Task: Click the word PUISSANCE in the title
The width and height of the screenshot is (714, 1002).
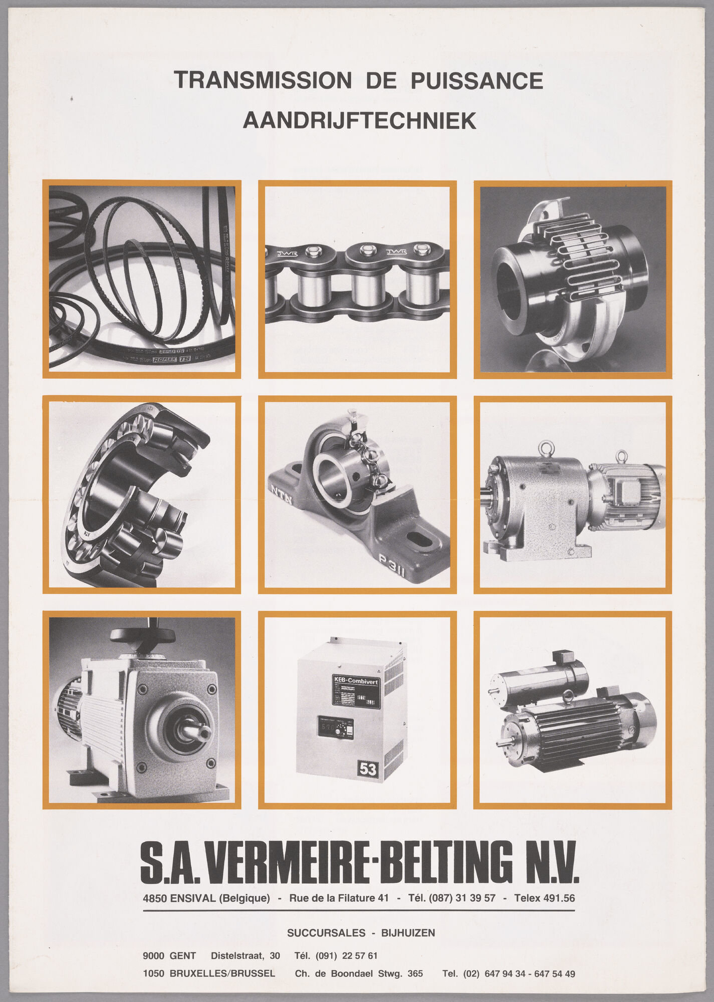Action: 477,81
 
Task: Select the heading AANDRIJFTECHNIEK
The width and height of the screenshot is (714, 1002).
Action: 359,121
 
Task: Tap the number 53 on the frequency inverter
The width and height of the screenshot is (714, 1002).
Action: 367,769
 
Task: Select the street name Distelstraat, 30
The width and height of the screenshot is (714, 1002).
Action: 245,956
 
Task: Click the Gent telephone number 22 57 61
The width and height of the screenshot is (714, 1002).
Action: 359,956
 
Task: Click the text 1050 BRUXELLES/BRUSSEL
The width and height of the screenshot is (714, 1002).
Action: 208,974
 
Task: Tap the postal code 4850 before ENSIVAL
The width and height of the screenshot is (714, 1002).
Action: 155,898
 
